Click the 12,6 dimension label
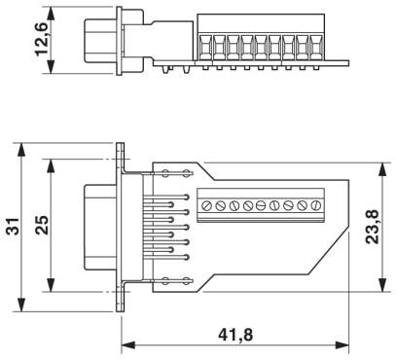42,39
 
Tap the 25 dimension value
42,225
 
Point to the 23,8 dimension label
372,227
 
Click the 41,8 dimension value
235,335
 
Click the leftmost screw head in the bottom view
206,205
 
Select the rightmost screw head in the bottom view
315,205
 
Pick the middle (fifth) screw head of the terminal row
261,205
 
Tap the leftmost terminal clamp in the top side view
204,48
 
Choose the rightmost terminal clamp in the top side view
315,48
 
